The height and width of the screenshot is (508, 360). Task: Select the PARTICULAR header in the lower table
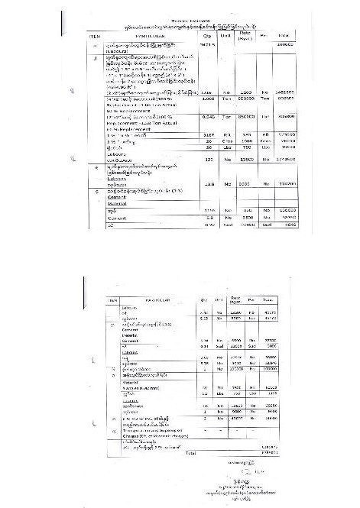click(153, 301)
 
